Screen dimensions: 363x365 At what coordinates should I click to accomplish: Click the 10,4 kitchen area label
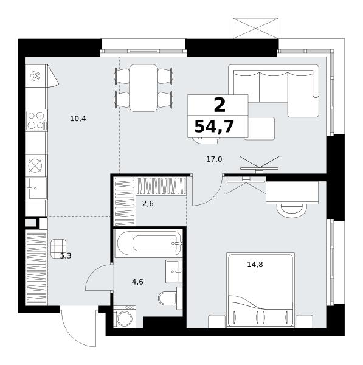[78, 119]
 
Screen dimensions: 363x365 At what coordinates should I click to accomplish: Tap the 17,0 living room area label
[214, 159]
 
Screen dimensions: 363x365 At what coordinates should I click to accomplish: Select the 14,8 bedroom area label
[255, 265]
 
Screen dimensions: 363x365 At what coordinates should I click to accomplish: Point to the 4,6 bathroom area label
[137, 282]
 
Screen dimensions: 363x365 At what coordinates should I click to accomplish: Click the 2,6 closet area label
[148, 204]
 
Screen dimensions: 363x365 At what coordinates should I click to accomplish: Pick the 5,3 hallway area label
[66, 256]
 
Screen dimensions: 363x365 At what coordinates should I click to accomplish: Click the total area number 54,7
[214, 127]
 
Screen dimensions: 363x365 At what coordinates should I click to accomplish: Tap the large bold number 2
[220, 105]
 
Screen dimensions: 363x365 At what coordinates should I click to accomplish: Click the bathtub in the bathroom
[149, 244]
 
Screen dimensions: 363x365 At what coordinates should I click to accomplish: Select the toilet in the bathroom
[170, 299]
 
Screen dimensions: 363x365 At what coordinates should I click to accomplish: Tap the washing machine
[125, 316]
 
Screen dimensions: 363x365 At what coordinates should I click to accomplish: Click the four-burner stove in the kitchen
[36, 120]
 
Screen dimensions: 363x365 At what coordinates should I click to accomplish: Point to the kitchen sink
[36, 188]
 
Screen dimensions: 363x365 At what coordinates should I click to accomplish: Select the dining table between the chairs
[143, 88]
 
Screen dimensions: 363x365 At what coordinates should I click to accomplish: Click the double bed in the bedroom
[260, 290]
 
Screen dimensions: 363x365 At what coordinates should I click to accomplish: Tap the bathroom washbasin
[174, 271]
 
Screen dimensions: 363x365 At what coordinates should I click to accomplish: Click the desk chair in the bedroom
[292, 210]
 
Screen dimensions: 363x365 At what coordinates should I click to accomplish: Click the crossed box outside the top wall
[256, 28]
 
